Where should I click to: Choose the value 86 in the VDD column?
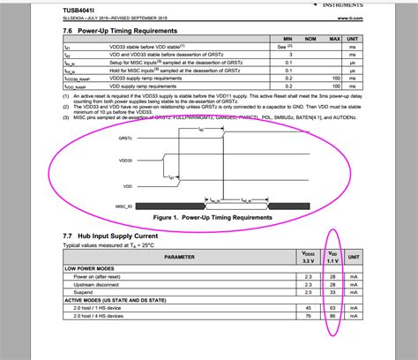coord(332,314)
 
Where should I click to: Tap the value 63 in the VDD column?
coord(332,306)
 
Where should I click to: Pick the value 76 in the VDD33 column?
coord(307,314)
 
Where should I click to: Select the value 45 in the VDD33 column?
coord(307,306)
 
